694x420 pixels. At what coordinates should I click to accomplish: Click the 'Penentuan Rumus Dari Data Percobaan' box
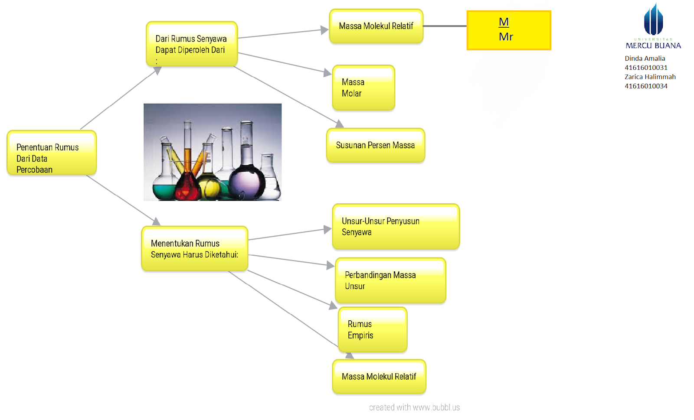tap(52, 153)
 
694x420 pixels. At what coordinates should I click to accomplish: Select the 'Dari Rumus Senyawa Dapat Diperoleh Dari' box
tap(192, 44)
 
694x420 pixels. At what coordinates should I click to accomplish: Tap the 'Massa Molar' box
tap(363, 88)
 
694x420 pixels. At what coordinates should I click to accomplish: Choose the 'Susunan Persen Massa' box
tap(376, 146)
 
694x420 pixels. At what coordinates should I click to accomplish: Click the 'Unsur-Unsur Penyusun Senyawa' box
tap(396, 227)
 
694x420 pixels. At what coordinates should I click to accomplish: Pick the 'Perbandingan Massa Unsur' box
tap(390, 280)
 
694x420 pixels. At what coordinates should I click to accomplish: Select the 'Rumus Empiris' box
tap(373, 330)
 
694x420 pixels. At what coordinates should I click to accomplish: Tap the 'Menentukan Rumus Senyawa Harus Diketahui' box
tap(195, 249)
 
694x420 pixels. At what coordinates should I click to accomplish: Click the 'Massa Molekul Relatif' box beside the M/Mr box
tap(376, 26)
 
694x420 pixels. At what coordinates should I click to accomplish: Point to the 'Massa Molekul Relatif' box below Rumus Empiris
tap(379, 377)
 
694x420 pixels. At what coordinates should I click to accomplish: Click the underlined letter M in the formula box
tap(504, 22)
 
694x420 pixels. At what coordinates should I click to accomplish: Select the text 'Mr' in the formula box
tap(506, 37)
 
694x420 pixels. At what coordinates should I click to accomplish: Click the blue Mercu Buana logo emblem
tap(653, 20)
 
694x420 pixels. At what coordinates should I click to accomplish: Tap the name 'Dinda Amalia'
tap(645, 59)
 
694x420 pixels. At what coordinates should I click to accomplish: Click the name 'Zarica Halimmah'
tap(650, 77)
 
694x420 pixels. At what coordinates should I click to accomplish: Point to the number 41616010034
tap(646, 86)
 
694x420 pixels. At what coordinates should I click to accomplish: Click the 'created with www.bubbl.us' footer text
tap(414, 407)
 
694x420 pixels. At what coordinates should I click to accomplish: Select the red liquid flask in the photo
tap(188, 186)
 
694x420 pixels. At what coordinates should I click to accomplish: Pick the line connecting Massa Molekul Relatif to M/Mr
tap(445, 26)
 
